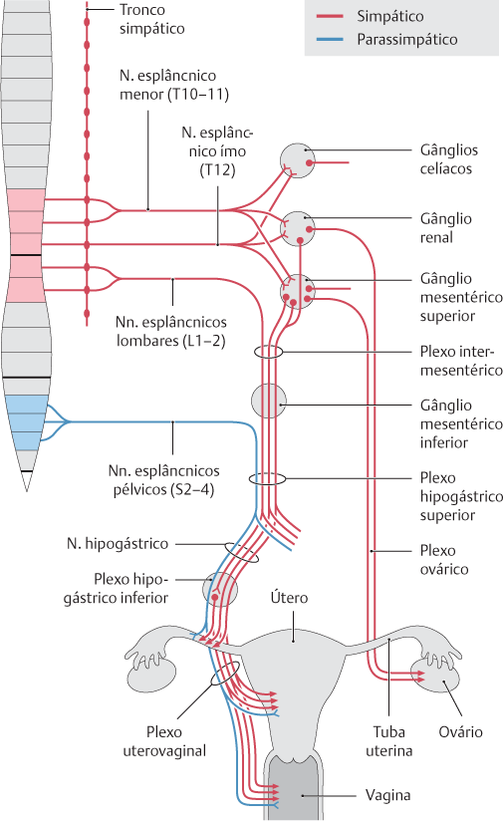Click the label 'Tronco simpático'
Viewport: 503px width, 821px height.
[151, 19]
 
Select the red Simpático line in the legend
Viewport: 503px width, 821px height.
[330, 16]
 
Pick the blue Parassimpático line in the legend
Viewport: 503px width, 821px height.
[330, 39]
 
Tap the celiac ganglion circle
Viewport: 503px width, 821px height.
[297, 160]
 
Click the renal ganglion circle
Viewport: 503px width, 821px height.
[297, 229]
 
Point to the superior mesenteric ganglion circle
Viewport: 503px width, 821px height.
[297, 291]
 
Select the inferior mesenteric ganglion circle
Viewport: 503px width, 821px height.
[269, 402]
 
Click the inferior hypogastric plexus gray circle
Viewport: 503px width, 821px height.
[220, 589]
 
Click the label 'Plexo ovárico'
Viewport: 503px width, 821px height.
[444, 560]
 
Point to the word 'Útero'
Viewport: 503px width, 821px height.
[289, 598]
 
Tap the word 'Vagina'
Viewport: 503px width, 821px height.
[387, 795]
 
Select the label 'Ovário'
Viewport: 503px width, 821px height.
[460, 732]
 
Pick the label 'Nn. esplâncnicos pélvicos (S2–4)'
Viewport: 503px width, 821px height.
[163, 480]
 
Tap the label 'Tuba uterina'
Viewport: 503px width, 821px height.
[388, 741]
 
